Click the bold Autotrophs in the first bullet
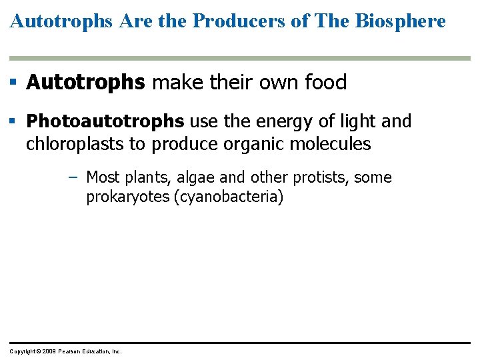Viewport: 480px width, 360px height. tap(85, 83)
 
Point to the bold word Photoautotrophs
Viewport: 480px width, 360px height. tap(105, 121)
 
